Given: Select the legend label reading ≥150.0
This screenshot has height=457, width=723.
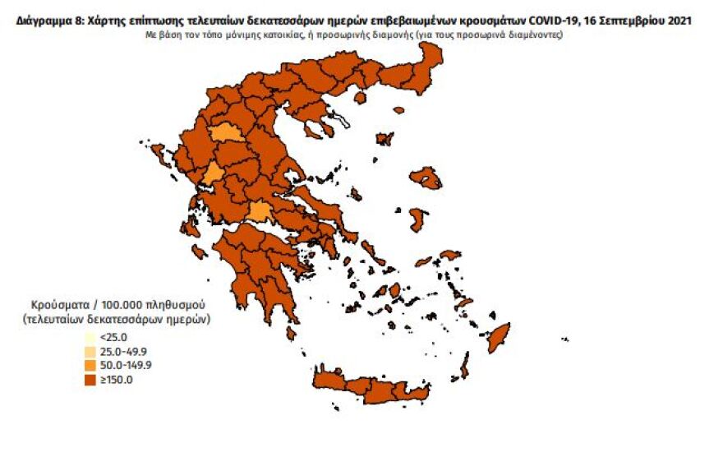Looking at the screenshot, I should [x=116, y=379].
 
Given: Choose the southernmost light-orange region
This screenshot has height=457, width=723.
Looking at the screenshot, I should [x=260, y=212].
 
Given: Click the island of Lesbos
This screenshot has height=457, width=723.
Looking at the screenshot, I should [x=426, y=178].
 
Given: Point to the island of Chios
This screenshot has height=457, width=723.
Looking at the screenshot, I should [x=417, y=219].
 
